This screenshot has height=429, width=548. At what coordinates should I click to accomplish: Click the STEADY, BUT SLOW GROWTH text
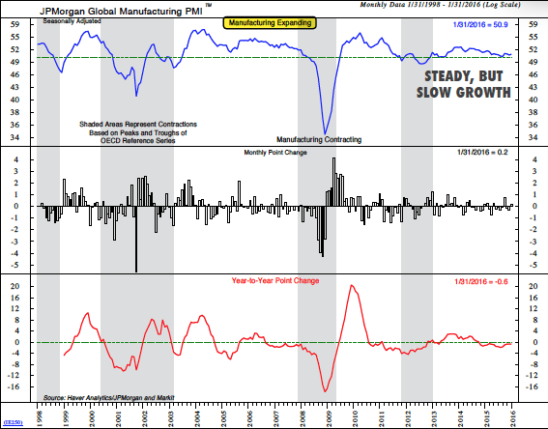coord(460,84)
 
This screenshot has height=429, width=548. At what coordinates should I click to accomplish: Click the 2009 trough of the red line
coord(327,390)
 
